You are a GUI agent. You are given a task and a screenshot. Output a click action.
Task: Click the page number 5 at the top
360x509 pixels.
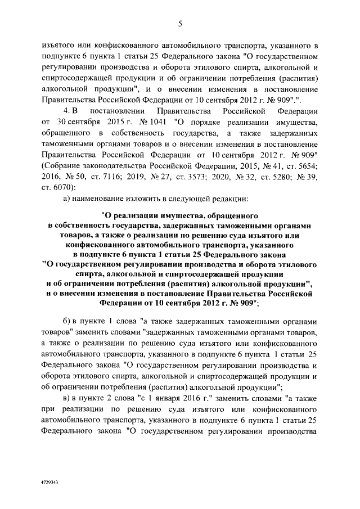(x=180, y=23)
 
